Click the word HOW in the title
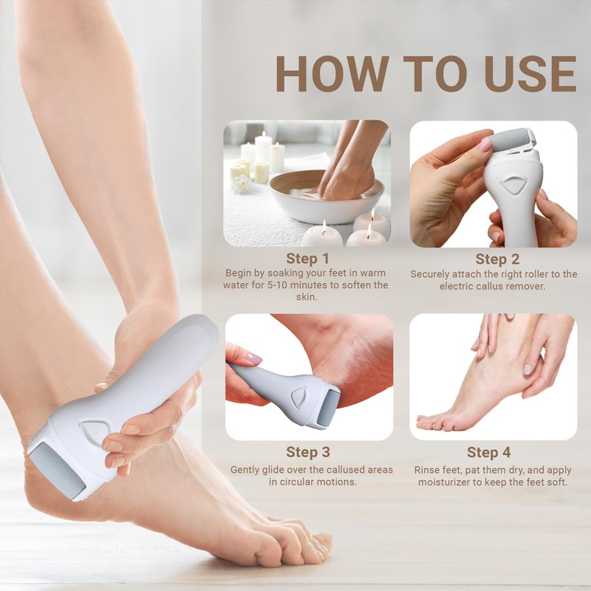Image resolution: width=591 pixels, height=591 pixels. click(x=332, y=73)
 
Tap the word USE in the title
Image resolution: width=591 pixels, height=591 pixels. click(x=530, y=73)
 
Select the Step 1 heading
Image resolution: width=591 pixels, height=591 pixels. click(x=307, y=259)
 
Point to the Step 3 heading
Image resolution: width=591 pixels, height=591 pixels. click(x=308, y=452)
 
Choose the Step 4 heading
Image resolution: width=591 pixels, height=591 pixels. click(x=488, y=452)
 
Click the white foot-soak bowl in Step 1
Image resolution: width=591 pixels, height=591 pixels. click(x=327, y=198)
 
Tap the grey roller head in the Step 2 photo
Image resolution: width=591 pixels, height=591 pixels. click(x=510, y=140)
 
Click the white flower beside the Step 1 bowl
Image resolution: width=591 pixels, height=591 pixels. click(x=242, y=184)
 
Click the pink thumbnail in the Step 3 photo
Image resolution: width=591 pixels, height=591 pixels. click(x=254, y=358)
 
